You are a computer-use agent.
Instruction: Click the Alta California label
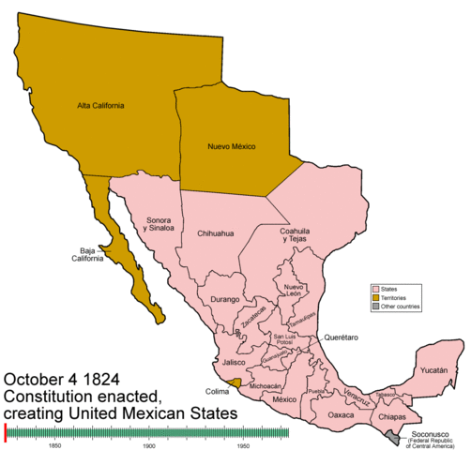tap(100, 105)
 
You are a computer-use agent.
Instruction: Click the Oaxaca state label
tap(341, 413)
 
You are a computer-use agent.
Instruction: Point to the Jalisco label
tap(233, 362)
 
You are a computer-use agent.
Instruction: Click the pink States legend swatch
tap(375, 290)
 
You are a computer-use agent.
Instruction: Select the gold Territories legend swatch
tap(375, 298)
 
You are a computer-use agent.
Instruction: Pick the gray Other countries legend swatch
tap(375, 307)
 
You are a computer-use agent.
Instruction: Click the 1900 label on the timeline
tap(148, 445)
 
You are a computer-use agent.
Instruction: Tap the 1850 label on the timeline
tap(54, 445)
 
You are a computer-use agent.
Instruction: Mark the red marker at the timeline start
tap(6, 431)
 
